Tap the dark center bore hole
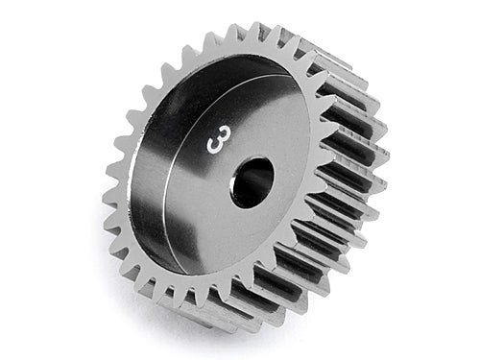coord(252,181)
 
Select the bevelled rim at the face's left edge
coord(133,182)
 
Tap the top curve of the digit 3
coord(218,132)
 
